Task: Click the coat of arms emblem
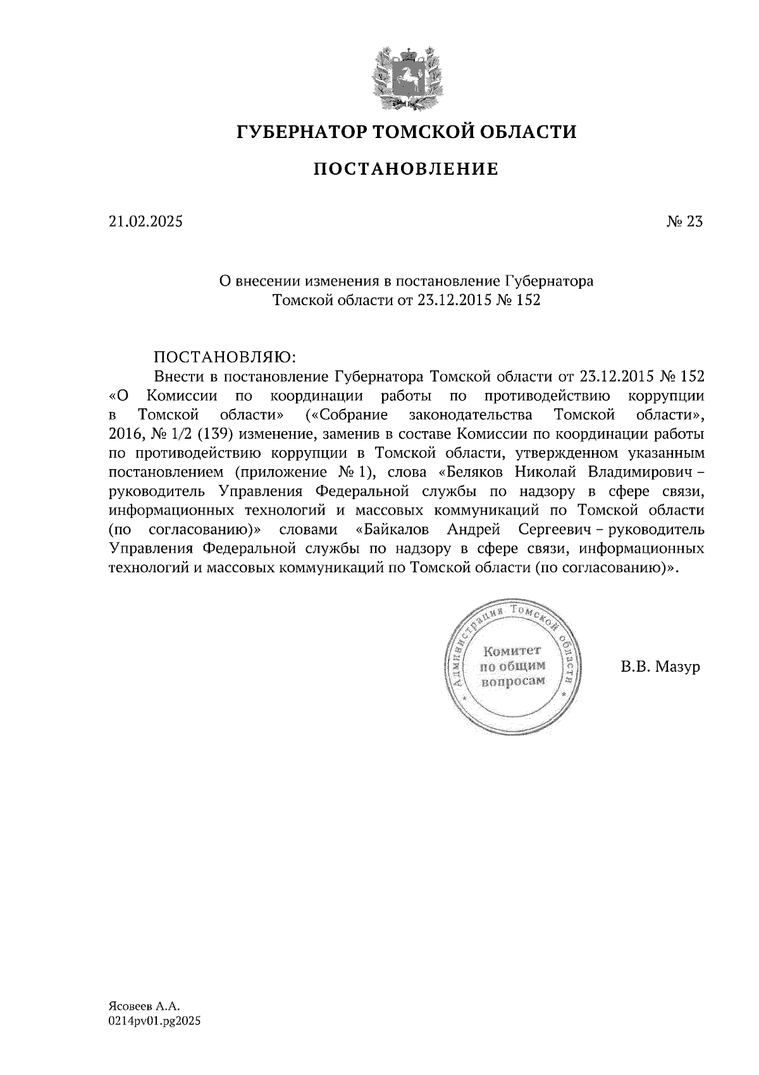[x=405, y=75]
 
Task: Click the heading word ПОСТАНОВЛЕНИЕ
[x=406, y=169]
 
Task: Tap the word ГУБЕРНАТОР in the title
[x=300, y=132]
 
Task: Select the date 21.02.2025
[x=145, y=222]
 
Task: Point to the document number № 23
[x=684, y=222]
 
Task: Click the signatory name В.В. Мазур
[x=660, y=667]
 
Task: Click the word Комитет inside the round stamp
[x=512, y=650]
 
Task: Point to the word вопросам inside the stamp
[x=513, y=681]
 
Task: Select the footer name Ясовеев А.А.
[x=144, y=1005]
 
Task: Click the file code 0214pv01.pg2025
[x=154, y=1021]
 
